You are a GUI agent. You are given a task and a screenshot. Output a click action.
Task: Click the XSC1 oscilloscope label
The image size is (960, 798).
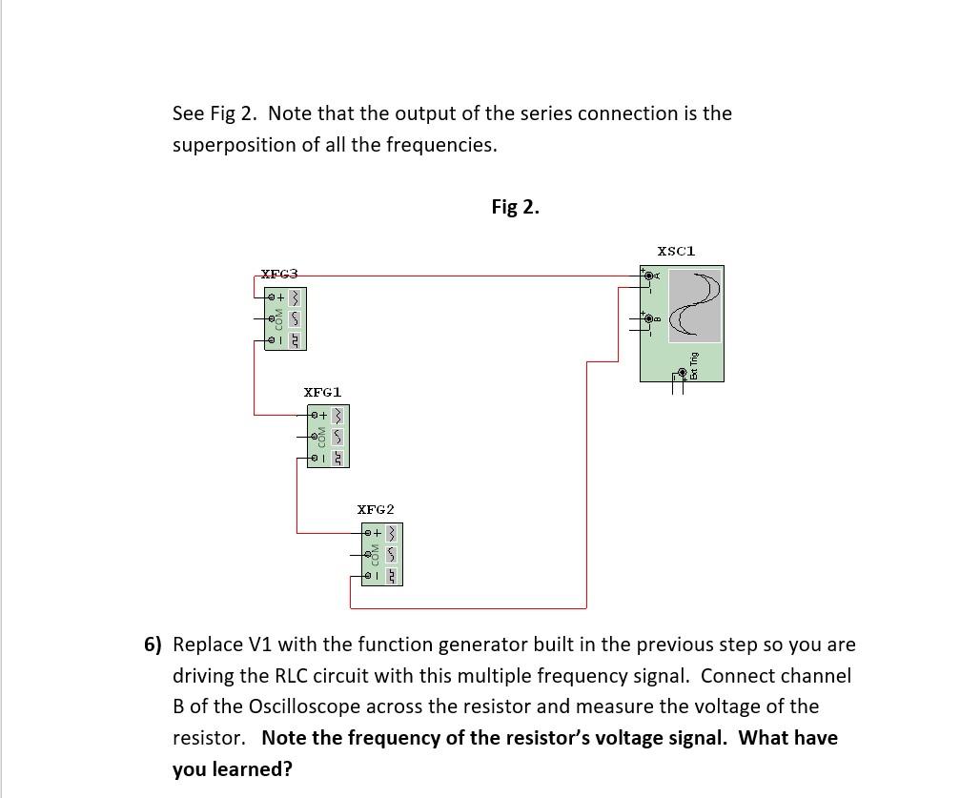point(676,251)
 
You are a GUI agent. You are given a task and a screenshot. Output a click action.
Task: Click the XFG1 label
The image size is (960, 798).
point(322,392)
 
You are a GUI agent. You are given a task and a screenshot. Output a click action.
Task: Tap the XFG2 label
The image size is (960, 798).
point(376,509)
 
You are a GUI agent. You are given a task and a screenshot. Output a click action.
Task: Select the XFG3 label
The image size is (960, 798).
point(279,274)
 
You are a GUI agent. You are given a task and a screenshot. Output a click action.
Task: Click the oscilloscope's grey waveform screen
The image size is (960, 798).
point(694,305)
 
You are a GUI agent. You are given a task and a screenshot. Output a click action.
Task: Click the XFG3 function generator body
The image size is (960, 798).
point(285,318)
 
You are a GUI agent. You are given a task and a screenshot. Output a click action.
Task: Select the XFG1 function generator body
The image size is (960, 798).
point(328,437)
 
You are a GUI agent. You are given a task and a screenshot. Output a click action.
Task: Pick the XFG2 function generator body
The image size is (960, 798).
point(381,554)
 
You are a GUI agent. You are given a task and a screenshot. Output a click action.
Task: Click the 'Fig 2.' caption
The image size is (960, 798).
point(515,207)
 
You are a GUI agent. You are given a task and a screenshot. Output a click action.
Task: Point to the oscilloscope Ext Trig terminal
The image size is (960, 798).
point(683,372)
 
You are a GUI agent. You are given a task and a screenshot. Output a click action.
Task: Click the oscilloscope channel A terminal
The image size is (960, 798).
point(649,276)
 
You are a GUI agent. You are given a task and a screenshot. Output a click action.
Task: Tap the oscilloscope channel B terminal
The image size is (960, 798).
point(649,317)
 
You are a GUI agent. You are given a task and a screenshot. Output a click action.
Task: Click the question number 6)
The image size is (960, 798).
point(153,645)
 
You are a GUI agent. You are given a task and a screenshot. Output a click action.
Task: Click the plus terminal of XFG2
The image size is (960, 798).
point(367,532)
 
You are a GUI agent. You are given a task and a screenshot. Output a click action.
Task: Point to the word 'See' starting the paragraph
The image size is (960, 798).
point(188,113)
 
